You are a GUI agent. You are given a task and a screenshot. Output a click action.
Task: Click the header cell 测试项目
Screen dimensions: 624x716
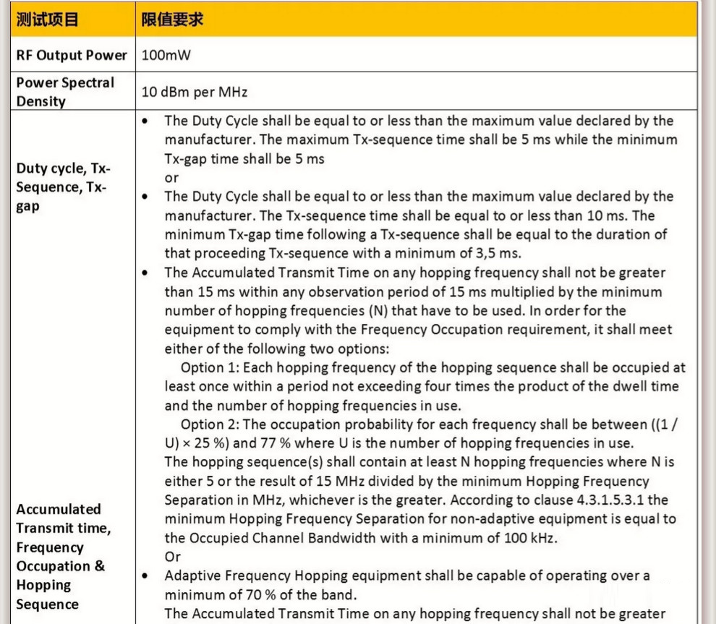[47, 20]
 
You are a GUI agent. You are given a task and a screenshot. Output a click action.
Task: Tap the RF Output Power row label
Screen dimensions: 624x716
[71, 55]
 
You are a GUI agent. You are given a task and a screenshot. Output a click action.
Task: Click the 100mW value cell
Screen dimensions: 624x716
[166, 55]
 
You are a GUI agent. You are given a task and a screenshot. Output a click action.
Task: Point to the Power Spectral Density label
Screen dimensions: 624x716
[65, 92]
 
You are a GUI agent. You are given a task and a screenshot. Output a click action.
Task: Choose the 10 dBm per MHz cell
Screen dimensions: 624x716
[195, 92]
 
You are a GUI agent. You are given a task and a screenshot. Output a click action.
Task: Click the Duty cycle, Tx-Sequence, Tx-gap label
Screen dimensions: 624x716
[64, 187]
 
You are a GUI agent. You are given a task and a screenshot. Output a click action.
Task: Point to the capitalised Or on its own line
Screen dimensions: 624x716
[172, 557]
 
